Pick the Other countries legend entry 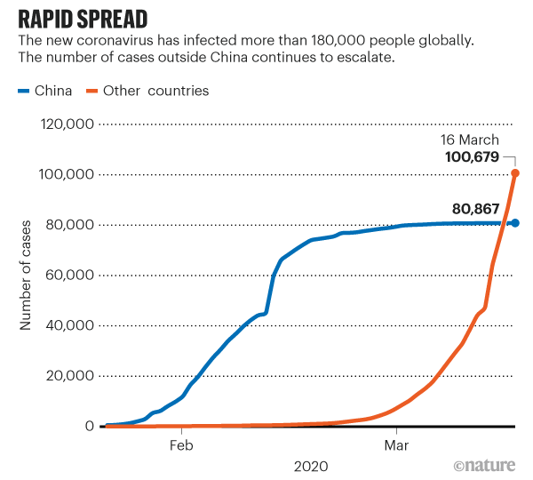(x=146, y=90)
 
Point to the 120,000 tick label (x=67, y=124)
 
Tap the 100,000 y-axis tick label (x=67, y=175)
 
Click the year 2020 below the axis (x=310, y=466)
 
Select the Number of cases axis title (x=26, y=276)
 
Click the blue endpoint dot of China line (x=515, y=222)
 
